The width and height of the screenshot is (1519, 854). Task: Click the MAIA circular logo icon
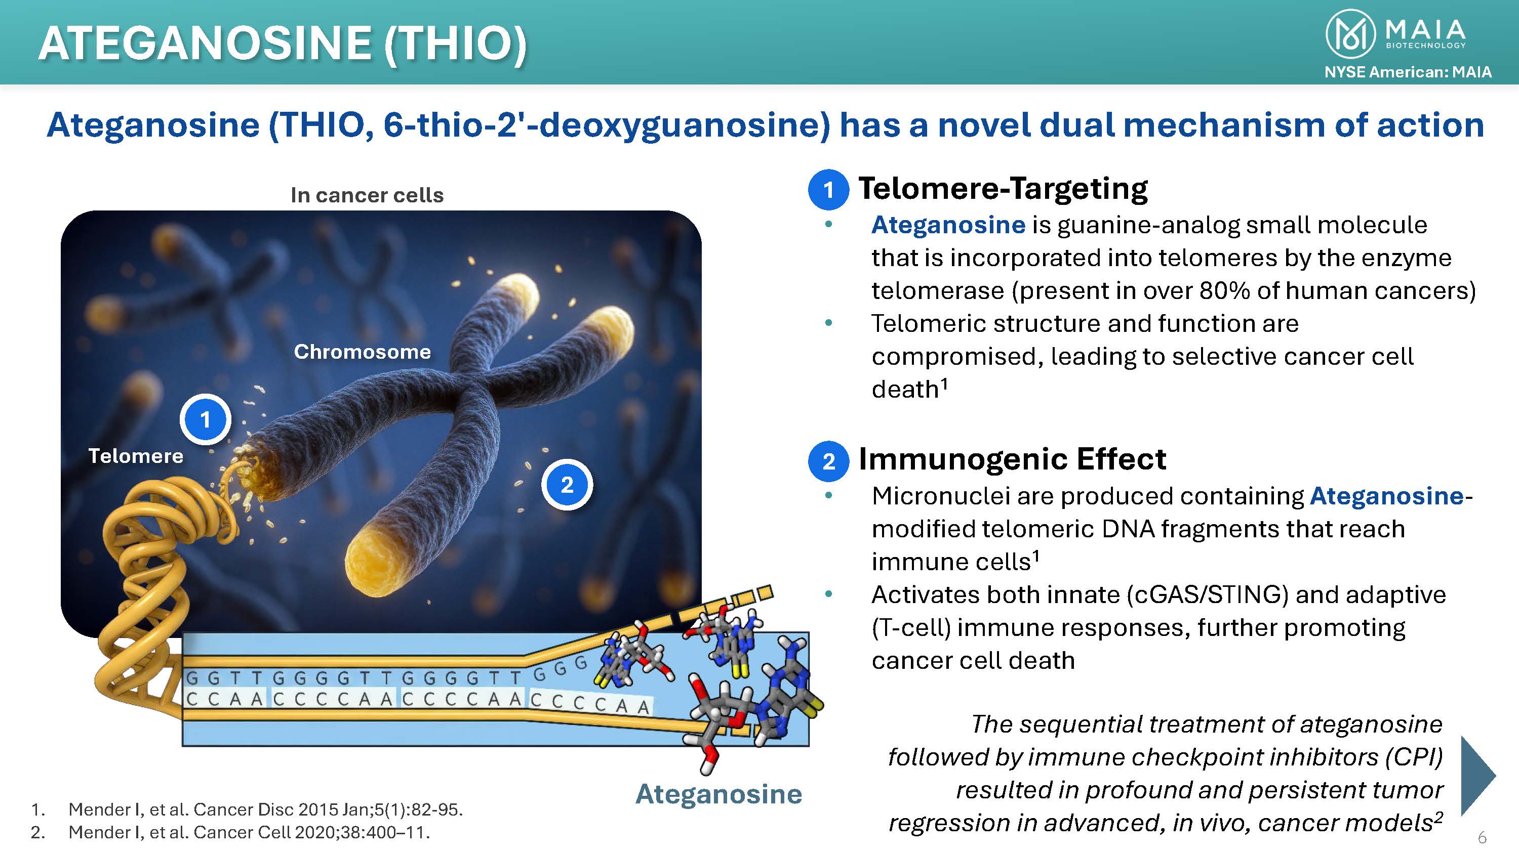click(1350, 34)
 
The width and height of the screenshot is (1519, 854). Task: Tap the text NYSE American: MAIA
click(1408, 72)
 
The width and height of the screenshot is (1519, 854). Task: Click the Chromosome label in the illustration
click(363, 352)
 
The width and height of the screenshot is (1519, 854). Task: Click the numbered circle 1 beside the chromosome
click(205, 419)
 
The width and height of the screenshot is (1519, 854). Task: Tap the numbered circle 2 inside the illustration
click(567, 485)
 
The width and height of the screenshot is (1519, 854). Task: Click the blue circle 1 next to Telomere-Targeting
click(828, 190)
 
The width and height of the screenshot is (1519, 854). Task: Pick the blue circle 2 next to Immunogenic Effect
click(828, 461)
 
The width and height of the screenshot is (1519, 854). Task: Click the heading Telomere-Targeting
click(1003, 189)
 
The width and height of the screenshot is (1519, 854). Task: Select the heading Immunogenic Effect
click(1013, 458)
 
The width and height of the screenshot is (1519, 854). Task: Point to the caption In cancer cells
click(367, 195)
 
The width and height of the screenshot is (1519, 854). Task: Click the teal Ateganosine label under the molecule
click(719, 794)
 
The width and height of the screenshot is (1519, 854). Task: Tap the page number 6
click(1482, 837)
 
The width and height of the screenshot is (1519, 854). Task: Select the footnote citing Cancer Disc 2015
click(247, 809)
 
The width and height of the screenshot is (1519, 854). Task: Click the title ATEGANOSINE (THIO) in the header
click(283, 44)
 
